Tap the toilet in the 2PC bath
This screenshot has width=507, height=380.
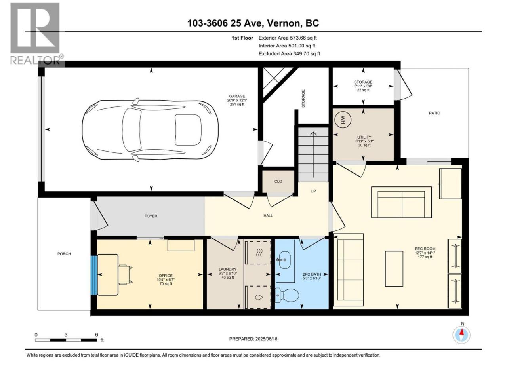288,295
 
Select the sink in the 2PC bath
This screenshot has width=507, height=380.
284,260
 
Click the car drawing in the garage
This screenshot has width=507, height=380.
150,129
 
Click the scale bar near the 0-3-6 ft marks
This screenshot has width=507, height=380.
66,340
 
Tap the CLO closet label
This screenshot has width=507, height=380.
278,182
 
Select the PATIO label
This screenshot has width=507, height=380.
435,113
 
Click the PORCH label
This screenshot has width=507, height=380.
64,254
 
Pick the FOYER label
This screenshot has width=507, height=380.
151,216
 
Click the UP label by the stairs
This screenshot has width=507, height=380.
313,191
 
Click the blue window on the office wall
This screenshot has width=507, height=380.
93,275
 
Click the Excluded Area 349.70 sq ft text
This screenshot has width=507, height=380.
289,54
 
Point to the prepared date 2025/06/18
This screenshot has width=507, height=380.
253,339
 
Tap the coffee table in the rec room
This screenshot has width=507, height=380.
394,268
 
